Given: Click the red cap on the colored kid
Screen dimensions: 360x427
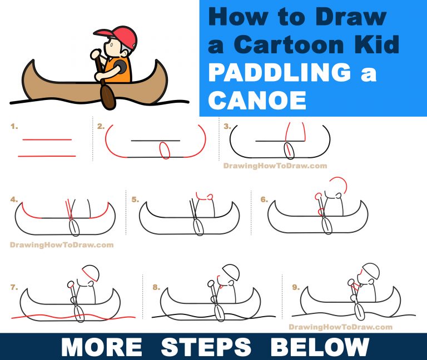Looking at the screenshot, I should pyautogui.click(x=123, y=38).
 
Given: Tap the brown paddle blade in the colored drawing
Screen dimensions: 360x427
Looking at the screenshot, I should pyautogui.click(x=108, y=96).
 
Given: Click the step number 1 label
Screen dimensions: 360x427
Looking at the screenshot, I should pyautogui.click(x=14, y=127).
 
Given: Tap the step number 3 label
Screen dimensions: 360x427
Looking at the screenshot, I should pyautogui.click(x=227, y=127).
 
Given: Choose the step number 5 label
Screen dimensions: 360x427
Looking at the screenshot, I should pyautogui.click(x=135, y=199).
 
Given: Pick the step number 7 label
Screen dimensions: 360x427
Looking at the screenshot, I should pyautogui.click(x=14, y=287).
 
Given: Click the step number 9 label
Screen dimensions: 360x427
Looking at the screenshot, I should pyautogui.click(x=296, y=287).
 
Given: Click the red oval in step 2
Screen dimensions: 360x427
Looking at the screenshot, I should pyautogui.click(x=165, y=150).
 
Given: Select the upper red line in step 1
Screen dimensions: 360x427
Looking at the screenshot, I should pyautogui.click(x=47, y=140).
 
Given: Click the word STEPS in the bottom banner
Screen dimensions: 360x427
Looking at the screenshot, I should pyautogui.click(x=206, y=347).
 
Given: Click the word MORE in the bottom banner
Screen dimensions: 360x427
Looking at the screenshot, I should pyautogui.click(x=102, y=347).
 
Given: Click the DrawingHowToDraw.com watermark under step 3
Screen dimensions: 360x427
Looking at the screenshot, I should pyautogui.click(x=275, y=166).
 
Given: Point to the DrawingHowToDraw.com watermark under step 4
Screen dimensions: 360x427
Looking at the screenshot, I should pyautogui.click(x=62, y=244).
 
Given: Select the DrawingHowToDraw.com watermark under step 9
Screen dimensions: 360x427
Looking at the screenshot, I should pyautogui.click(x=341, y=327).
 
